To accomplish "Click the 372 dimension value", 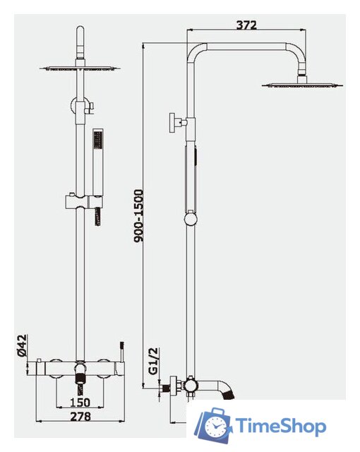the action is point(246,25).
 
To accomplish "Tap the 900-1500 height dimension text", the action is point(138,215).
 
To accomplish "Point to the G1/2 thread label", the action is point(154,361).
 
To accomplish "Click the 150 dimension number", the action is point(80,402).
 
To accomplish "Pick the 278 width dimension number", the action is point(80,416).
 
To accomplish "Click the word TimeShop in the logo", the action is point(281,427).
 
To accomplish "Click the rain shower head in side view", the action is point(302,84).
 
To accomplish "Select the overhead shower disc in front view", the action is point(80,68).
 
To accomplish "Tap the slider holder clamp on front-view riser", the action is point(83,201).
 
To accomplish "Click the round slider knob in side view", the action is point(191,220).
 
